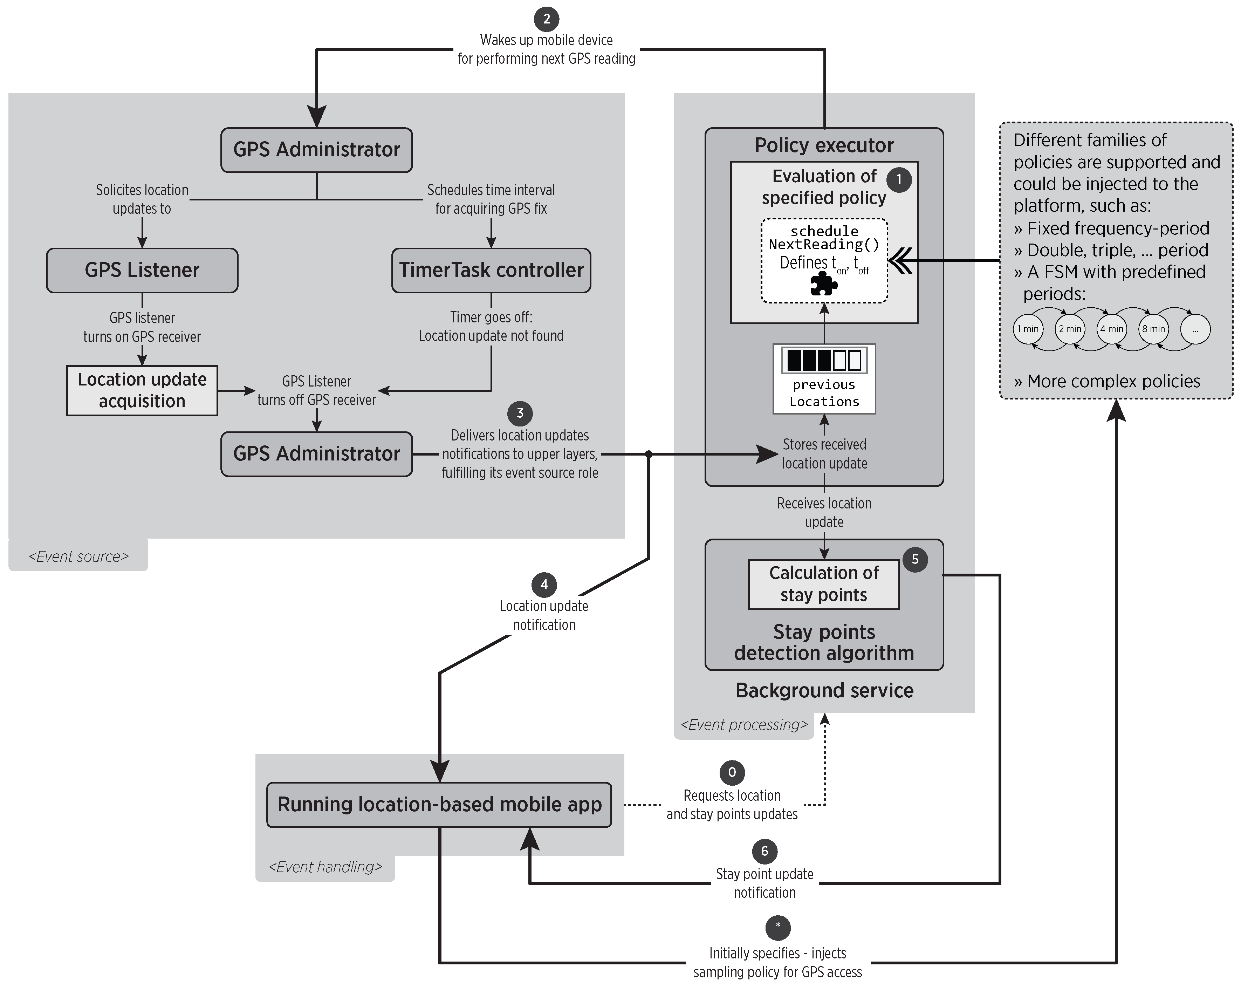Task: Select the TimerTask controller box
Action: [491, 270]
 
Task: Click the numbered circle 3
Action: [520, 413]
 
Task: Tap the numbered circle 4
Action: [544, 585]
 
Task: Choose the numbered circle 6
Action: [765, 851]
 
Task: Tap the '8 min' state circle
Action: [1153, 329]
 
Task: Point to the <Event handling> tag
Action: [325, 867]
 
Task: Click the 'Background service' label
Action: [824, 690]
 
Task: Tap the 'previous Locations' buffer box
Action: [824, 378]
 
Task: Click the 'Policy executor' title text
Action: [824, 145]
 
